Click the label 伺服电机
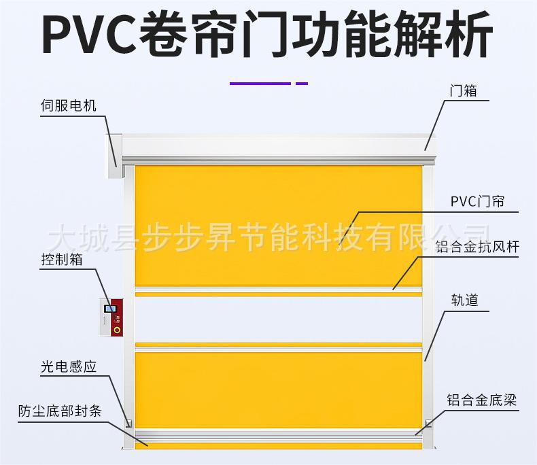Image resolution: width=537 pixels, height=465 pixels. (x=69, y=106)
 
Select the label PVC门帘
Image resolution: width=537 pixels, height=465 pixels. (x=477, y=202)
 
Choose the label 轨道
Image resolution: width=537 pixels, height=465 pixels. (x=465, y=300)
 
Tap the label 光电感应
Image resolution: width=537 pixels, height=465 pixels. (x=68, y=367)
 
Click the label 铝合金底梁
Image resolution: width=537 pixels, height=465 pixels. (x=481, y=400)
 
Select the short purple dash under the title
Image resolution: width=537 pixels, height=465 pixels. (x=301, y=84)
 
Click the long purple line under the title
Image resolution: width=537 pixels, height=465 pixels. (x=260, y=84)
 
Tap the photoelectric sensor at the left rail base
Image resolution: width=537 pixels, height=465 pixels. (x=128, y=422)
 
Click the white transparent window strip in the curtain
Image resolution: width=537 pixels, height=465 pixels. (x=278, y=320)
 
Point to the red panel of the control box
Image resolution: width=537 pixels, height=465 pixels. (x=118, y=318)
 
